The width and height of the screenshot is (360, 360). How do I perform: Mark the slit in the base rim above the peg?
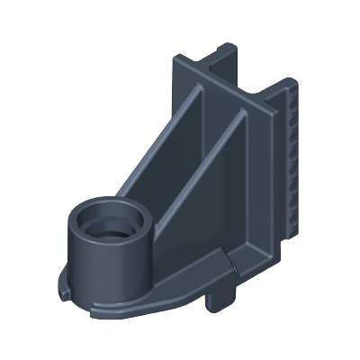point(232,266)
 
